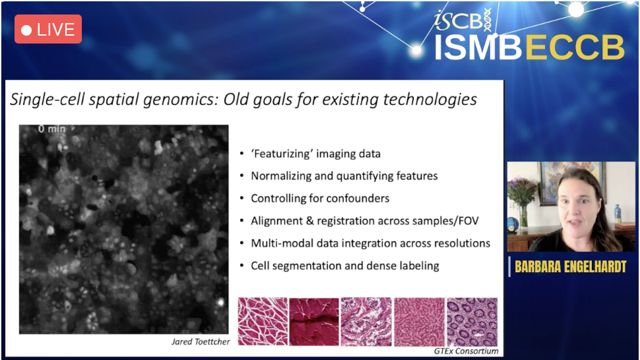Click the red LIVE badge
click(48, 30)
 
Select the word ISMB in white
click(478, 47)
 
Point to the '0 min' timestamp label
click(52, 129)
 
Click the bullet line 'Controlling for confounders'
click(320, 198)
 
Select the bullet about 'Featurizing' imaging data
click(315, 154)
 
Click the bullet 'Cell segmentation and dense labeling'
click(345, 266)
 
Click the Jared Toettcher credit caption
click(201, 342)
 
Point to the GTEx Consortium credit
click(466, 351)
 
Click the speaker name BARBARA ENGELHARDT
click(570, 266)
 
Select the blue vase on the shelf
click(618, 214)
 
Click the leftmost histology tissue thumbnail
click(263, 322)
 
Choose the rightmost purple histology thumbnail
click(472, 322)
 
